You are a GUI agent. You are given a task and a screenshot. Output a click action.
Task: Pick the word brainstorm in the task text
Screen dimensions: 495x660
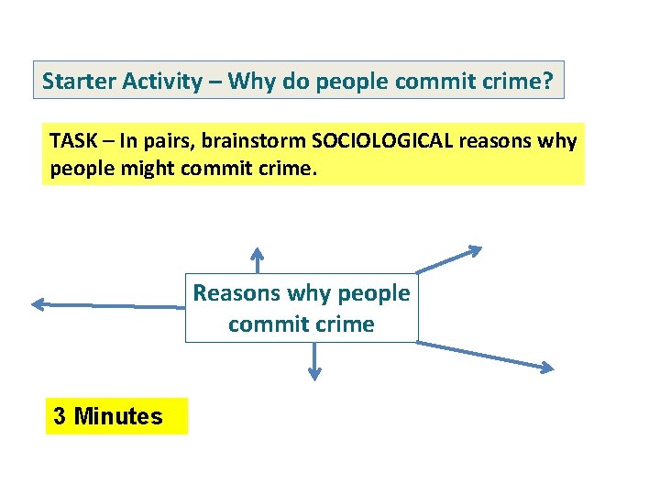259,141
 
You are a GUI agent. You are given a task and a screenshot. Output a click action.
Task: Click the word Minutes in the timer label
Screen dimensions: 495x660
118,417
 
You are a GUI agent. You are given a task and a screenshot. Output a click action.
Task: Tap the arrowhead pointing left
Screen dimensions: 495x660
38,304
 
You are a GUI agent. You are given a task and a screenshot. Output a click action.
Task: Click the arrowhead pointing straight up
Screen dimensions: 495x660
258,252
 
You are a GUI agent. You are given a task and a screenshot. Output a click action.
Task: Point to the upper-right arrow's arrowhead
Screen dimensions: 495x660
474,249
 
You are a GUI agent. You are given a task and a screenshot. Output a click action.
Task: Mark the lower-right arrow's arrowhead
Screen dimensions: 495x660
546,368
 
